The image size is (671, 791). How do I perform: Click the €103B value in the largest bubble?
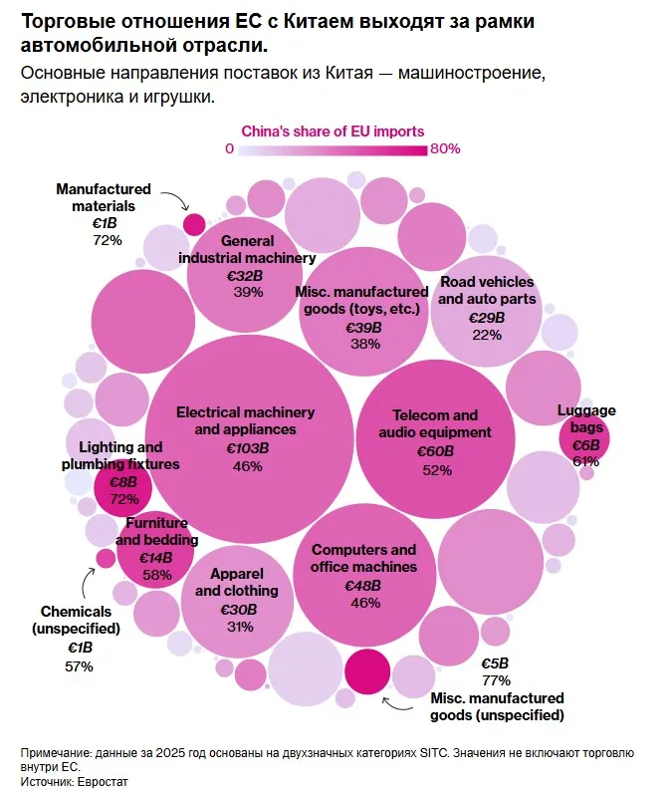[x=248, y=448]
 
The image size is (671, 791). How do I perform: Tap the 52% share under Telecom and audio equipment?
[x=437, y=470]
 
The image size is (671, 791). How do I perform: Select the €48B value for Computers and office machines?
[x=363, y=586]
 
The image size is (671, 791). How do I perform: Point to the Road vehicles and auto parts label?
[x=487, y=291]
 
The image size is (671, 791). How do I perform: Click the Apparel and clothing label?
[x=237, y=582]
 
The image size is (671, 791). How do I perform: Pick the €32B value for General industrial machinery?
[x=245, y=276]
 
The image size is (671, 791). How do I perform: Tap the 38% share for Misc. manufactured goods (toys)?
[x=365, y=344]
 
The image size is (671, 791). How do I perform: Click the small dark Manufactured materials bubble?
[x=194, y=224]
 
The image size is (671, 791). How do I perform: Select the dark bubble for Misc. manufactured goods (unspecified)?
[x=367, y=671]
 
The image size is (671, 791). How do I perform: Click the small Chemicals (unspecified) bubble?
[x=106, y=559]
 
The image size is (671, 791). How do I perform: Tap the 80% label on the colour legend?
[x=445, y=148]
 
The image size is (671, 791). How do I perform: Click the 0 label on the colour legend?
[x=229, y=148]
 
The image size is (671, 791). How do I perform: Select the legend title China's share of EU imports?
[x=333, y=132]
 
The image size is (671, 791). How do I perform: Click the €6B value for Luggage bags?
[x=586, y=445]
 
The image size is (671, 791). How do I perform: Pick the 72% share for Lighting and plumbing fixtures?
[x=124, y=499]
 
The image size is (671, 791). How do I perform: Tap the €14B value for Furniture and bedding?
[x=156, y=558]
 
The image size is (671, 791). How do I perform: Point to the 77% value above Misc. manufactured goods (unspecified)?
[x=496, y=680]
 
